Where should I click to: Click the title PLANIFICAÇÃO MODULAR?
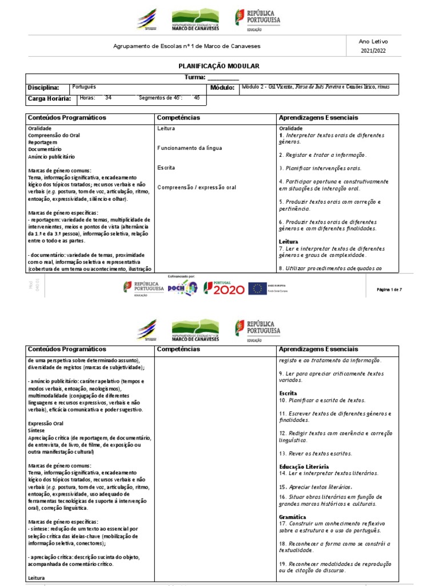(x=219, y=66)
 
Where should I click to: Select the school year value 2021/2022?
(x=373, y=52)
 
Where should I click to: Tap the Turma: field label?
(x=195, y=77)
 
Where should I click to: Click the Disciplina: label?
(x=43, y=88)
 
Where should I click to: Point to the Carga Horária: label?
(x=50, y=99)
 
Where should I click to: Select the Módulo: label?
(x=222, y=88)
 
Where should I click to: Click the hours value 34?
(x=109, y=98)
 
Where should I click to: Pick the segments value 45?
(x=197, y=98)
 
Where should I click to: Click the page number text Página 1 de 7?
(x=390, y=290)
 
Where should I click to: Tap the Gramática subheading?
(x=293, y=517)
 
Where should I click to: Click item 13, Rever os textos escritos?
(x=316, y=453)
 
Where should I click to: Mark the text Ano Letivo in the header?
(x=373, y=41)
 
